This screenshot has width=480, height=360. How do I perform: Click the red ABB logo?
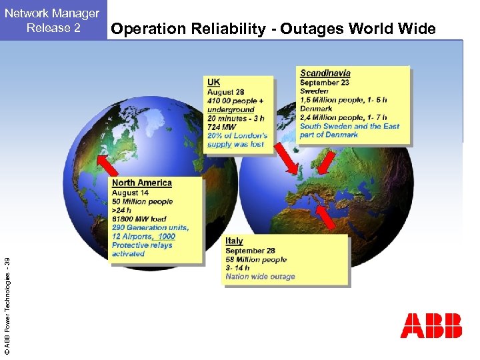click(431, 325)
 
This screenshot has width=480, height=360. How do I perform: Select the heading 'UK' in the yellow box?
click(213, 82)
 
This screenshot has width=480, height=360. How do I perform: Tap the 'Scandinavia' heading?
click(325, 73)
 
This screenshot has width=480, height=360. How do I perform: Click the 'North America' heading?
click(142, 183)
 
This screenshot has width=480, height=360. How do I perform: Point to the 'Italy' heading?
click(234, 241)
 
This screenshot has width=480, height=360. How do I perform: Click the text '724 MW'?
click(221, 127)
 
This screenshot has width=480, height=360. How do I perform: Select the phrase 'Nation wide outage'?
click(260, 277)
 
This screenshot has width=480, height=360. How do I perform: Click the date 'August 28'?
click(225, 92)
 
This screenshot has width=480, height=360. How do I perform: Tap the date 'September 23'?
click(325, 83)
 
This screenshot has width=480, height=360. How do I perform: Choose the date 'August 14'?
click(130, 193)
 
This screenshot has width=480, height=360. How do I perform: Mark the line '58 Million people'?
click(256, 259)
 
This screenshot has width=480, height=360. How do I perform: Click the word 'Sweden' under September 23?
click(314, 91)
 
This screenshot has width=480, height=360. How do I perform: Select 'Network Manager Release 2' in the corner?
click(53, 20)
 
